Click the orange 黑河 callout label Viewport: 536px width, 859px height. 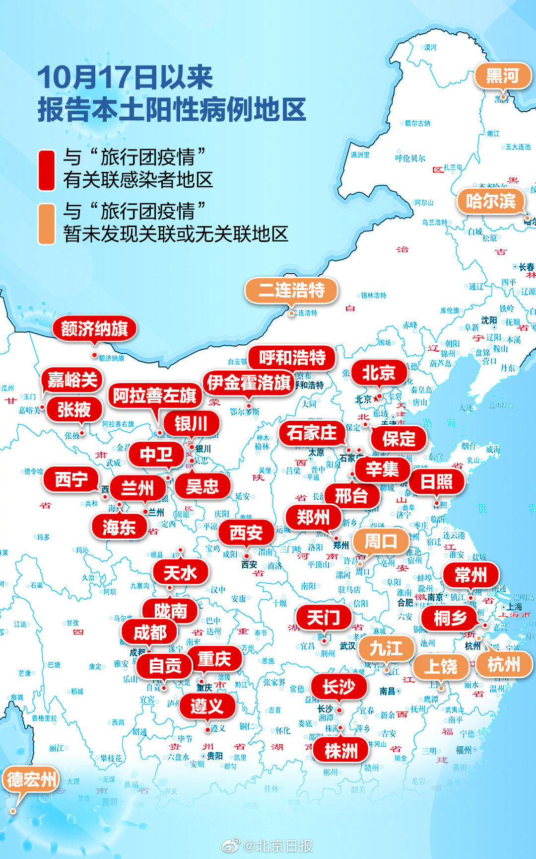[502, 77]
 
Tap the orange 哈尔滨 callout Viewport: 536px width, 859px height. [490, 201]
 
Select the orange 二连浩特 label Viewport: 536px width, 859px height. [291, 290]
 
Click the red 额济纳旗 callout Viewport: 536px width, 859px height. [94, 328]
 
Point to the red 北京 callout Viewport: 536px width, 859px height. [379, 373]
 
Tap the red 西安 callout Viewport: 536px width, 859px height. [246, 533]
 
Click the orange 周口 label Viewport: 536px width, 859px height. [381, 542]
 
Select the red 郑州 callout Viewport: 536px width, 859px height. [313, 518]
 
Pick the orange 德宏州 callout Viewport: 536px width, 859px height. [31, 780]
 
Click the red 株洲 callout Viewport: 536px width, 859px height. [341, 751]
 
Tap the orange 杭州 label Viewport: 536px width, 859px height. [504, 664]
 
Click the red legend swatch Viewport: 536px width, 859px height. [47, 170]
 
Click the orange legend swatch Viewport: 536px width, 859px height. [47, 224]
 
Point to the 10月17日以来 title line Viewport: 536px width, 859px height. [125, 78]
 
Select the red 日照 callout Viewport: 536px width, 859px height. [436, 481]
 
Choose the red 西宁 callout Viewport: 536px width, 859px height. [71, 480]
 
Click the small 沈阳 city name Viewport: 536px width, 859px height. [489, 320]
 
